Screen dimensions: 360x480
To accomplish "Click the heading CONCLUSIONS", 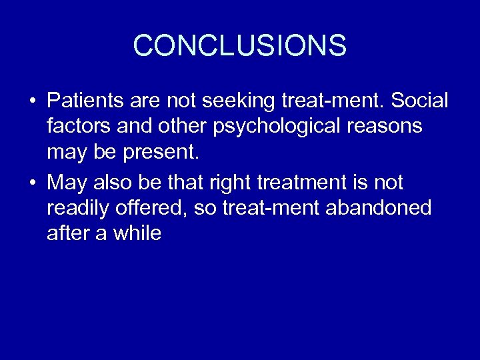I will [239, 46].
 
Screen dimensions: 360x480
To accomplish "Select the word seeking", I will [251, 101].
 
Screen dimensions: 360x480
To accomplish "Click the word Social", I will [419, 101].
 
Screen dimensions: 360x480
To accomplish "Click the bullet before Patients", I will [32, 102].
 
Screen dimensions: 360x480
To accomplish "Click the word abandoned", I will [379, 208].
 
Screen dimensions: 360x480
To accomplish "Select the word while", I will [138, 233].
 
